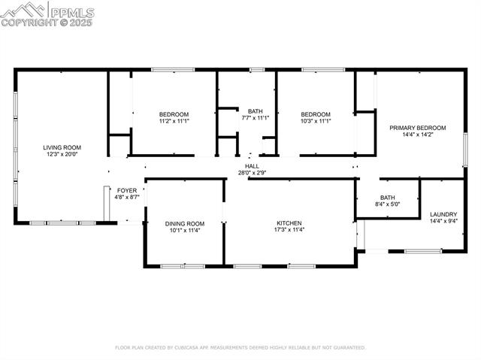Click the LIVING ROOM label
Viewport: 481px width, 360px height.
tap(62, 147)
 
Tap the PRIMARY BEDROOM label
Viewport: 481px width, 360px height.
tap(418, 128)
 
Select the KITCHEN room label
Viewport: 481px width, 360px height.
tap(289, 223)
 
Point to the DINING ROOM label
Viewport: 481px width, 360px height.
tap(185, 224)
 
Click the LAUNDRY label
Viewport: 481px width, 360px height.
tap(443, 214)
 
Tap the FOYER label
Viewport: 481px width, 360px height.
tap(127, 191)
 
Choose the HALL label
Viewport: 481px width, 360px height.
tap(252, 166)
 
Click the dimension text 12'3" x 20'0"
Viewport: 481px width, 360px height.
tap(62, 154)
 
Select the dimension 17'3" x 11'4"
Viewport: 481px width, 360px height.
tap(289, 230)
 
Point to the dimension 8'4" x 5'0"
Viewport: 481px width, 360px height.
tap(388, 204)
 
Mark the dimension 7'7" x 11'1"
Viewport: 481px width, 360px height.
tap(256, 118)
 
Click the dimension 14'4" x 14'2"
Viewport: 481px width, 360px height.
tap(418, 135)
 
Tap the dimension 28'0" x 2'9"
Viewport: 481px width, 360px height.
tap(252, 173)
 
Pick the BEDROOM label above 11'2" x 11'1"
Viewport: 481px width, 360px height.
tap(174, 114)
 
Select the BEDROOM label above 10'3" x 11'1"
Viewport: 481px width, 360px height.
tap(316, 114)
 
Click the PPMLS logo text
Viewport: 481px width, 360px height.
tap(72, 12)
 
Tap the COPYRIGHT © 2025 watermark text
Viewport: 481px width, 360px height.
tap(47, 23)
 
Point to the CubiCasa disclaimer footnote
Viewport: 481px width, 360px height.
tap(240, 347)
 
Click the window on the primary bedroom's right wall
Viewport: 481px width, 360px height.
tap(466, 150)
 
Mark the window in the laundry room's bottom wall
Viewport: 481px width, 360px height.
tap(423, 251)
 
